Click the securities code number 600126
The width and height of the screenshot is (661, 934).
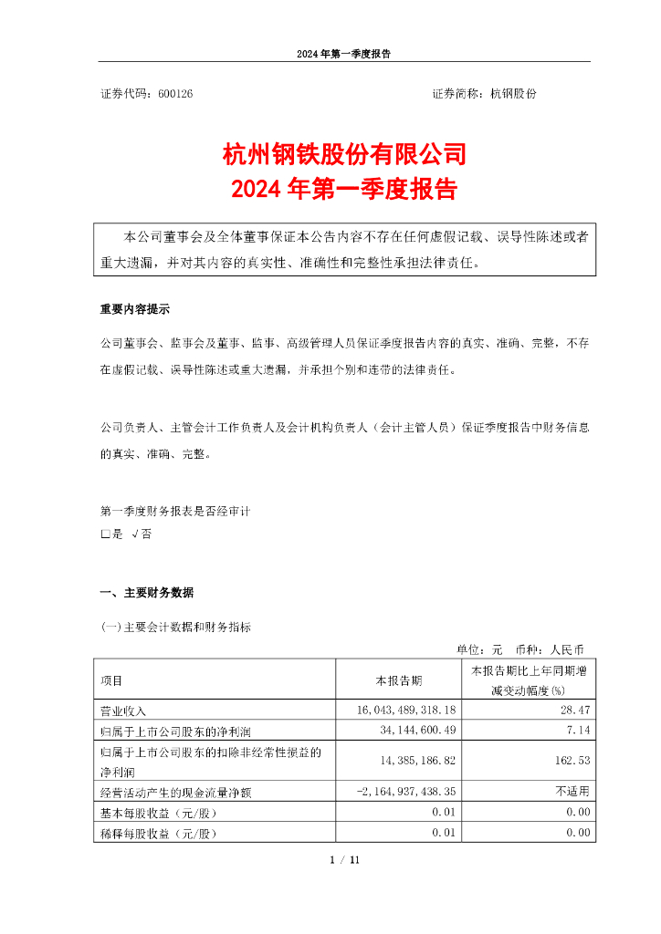[x=175, y=93]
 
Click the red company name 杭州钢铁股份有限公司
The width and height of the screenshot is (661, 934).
[x=344, y=153]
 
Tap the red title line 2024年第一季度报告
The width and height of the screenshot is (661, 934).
[x=344, y=191]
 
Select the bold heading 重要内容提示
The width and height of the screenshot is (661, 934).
[x=134, y=309]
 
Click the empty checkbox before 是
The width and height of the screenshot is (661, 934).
[x=105, y=534]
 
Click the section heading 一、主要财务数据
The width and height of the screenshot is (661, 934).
[x=146, y=593]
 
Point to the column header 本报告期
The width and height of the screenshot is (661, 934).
[x=400, y=680]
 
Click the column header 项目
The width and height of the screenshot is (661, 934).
[x=111, y=680]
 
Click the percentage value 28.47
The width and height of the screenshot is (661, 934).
[x=578, y=710]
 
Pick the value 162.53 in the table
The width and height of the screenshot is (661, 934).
[x=574, y=758]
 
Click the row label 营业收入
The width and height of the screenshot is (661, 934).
[x=123, y=711]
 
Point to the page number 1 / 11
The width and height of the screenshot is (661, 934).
[x=345, y=858]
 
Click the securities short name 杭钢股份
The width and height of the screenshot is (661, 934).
[x=513, y=93]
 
